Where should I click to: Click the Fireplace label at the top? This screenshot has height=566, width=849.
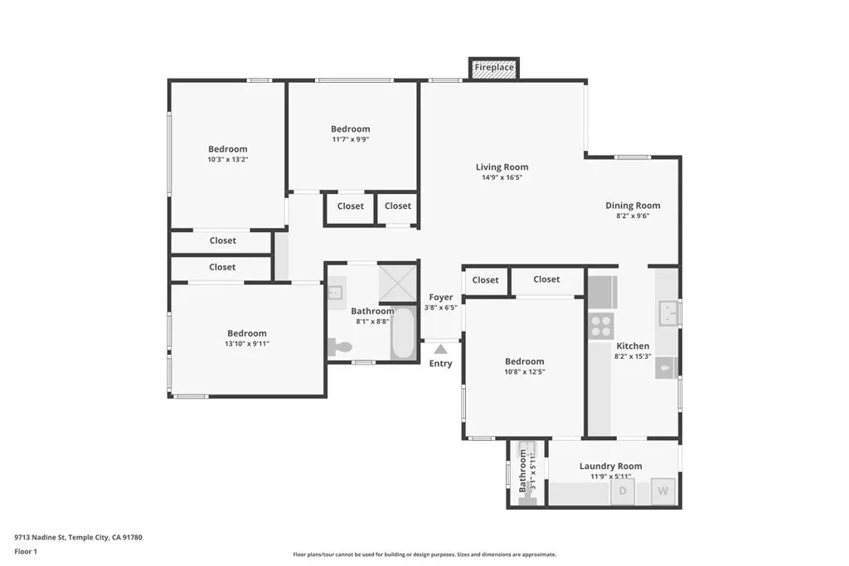click(494, 67)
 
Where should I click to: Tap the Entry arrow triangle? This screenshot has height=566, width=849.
click(440, 349)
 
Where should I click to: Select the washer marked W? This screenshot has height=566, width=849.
click(663, 491)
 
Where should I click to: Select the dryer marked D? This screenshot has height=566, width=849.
click(623, 491)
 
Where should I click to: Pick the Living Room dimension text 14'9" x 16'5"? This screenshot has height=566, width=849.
click(502, 177)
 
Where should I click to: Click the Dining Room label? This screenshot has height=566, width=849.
click(633, 206)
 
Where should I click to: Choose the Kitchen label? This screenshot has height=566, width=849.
click(633, 346)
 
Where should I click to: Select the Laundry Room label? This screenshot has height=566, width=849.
click(610, 467)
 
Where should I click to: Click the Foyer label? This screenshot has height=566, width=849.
click(441, 298)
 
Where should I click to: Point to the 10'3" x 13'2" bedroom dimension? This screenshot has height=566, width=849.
click(227, 159)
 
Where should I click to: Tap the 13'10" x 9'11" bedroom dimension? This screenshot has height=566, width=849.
click(247, 344)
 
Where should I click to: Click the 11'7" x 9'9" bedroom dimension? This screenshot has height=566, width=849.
click(350, 139)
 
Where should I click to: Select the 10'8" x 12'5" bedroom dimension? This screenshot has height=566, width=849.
click(525, 372)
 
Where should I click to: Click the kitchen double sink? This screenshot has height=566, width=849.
click(668, 313)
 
